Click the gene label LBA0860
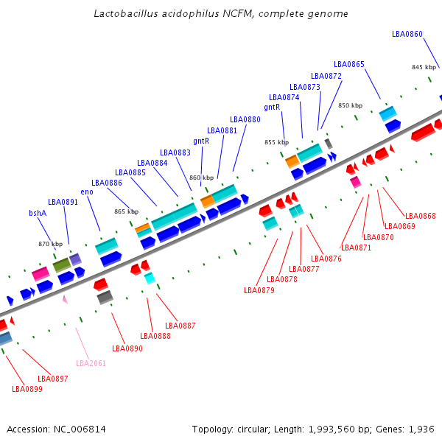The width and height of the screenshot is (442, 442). tap(407, 34)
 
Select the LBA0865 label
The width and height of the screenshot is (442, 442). tap(348, 64)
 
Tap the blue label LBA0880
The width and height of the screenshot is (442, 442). tap(245, 119)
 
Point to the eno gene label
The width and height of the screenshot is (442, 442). tap(87, 192)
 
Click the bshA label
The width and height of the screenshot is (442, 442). tap(38, 213)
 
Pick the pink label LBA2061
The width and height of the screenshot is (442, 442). tap(91, 363)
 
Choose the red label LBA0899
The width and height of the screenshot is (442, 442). tap(27, 389)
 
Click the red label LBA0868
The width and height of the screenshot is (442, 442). tap(420, 216)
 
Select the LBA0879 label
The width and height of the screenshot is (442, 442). tap(259, 290)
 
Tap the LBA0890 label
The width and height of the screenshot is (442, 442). tap(127, 348)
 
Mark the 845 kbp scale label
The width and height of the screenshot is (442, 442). tap(424, 67)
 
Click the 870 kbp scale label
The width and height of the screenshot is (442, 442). tap(51, 244)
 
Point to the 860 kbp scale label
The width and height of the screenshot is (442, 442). tap(201, 178)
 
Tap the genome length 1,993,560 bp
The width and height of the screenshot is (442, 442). tap(334, 429)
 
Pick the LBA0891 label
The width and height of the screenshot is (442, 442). tap(63, 202)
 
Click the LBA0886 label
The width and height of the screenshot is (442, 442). tap(107, 183)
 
